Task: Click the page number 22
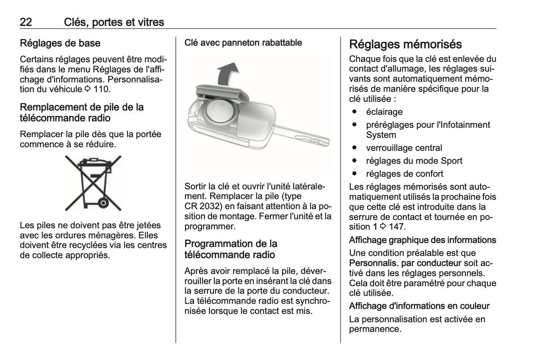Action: pyautogui.click(x=26, y=22)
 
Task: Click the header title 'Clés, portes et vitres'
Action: pyautogui.click(x=114, y=22)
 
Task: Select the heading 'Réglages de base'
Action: pyautogui.click(x=60, y=43)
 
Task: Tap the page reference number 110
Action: pyautogui.click(x=102, y=89)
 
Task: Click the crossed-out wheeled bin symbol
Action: pyautogui.click(x=93, y=183)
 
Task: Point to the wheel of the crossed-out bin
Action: pyautogui.click(x=104, y=203)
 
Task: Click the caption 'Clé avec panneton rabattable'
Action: pyautogui.click(x=243, y=43)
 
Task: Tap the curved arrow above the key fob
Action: pyautogui.click(x=227, y=73)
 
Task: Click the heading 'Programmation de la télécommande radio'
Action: pyautogui.click(x=231, y=249)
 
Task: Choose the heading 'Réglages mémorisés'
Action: pyautogui.click(x=405, y=44)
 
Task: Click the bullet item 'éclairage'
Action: pyautogui.click(x=384, y=112)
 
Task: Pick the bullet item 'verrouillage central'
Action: pyautogui.click(x=404, y=148)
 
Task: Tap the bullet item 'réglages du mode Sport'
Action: pyautogui.click(x=414, y=161)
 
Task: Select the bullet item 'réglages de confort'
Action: pyautogui.click(x=405, y=174)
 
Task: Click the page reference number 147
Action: pyautogui.click(x=397, y=227)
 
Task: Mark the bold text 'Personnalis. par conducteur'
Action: pyautogui.click(x=405, y=263)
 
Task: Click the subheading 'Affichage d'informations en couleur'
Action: pyautogui.click(x=419, y=306)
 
